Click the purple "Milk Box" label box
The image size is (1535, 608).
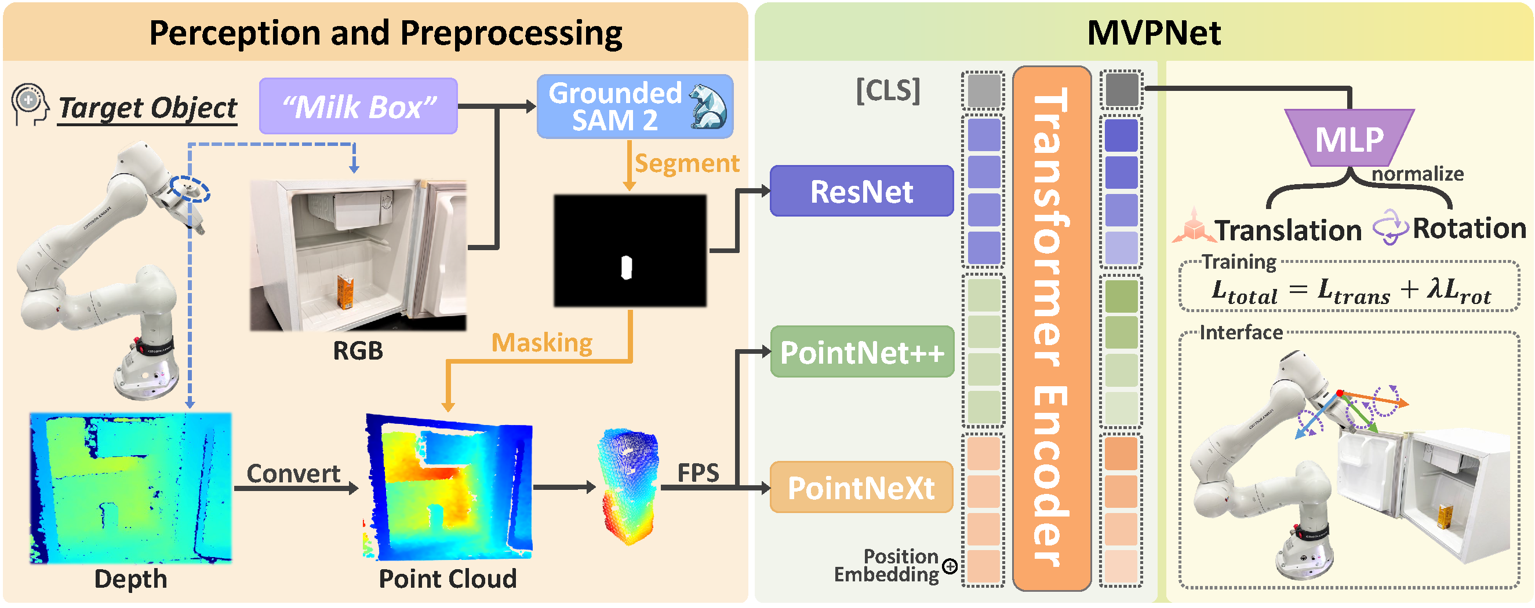[x=358, y=106]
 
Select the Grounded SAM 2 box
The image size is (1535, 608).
[x=634, y=107]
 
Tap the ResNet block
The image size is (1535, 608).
[x=861, y=191]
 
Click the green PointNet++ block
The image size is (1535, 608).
[x=861, y=351]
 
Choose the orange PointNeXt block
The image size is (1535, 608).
[x=861, y=487]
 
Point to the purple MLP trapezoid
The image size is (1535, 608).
[x=1349, y=139]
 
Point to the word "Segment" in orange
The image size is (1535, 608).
[x=686, y=163]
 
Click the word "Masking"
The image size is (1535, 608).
[x=541, y=343]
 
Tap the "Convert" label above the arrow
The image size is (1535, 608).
[x=293, y=474]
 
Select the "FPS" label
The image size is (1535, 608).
[x=699, y=473]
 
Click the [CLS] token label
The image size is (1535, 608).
[x=888, y=91]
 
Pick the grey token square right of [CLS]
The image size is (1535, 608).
[x=983, y=90]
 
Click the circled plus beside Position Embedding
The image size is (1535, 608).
[x=951, y=566]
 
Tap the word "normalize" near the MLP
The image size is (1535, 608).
[x=1417, y=174]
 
